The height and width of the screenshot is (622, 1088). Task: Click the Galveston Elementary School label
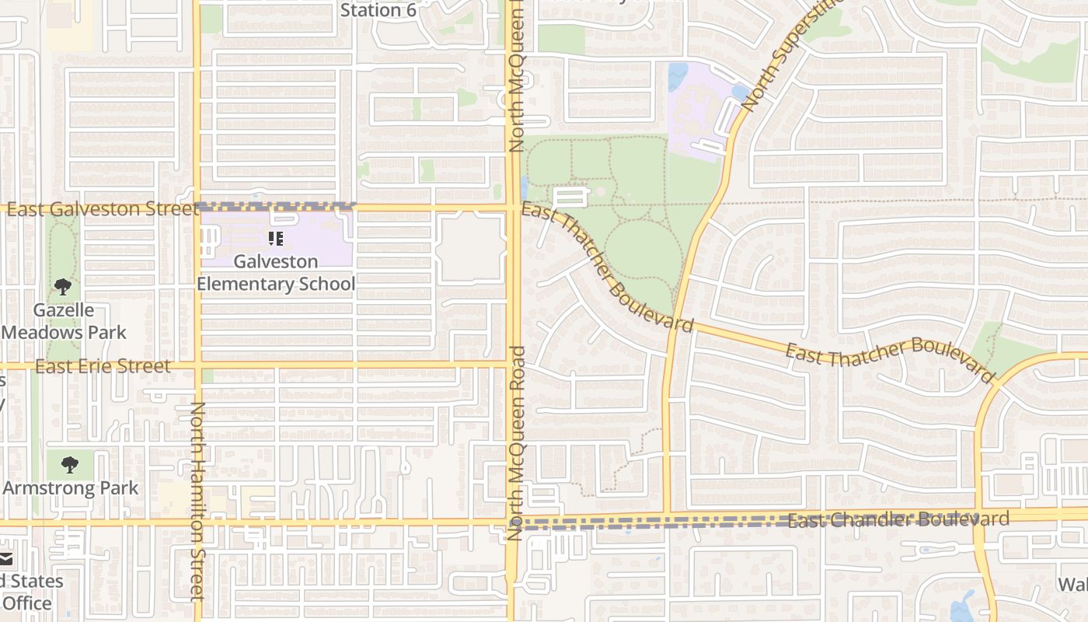(276, 273)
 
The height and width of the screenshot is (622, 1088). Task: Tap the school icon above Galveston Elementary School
(276, 239)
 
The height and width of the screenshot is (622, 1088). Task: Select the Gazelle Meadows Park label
(65, 321)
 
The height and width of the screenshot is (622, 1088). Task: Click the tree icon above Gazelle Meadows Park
(63, 287)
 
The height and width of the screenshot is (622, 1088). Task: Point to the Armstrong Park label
(71, 488)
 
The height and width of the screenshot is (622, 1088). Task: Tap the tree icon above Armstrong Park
(70, 465)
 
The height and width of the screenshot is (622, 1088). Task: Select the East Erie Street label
(103, 366)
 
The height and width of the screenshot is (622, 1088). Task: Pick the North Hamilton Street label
(197, 501)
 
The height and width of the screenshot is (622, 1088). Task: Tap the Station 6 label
(378, 10)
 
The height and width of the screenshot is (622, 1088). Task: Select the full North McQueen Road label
(518, 443)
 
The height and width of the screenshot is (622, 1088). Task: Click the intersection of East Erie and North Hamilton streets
(197, 365)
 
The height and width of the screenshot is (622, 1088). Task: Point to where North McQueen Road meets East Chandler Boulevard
(513, 522)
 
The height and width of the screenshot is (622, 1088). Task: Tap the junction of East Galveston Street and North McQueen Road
(513, 208)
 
